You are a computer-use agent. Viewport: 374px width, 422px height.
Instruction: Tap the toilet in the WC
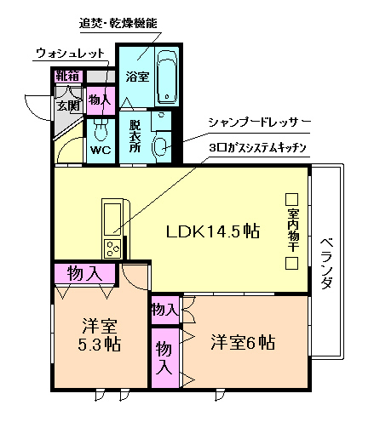pos(101,130)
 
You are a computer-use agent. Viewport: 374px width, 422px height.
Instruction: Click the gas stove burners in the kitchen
pos(112,248)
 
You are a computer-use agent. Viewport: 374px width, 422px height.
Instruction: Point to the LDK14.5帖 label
pos(212,230)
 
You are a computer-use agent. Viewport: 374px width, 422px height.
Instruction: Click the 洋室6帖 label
pos(243,343)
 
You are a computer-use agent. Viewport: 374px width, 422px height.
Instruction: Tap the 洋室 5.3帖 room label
pos(100,335)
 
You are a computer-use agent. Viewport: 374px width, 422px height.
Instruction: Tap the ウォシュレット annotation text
pos(71,54)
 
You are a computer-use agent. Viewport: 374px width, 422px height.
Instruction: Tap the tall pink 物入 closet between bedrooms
pos(164,356)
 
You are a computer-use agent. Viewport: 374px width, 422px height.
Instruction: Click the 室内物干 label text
pos(292,230)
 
